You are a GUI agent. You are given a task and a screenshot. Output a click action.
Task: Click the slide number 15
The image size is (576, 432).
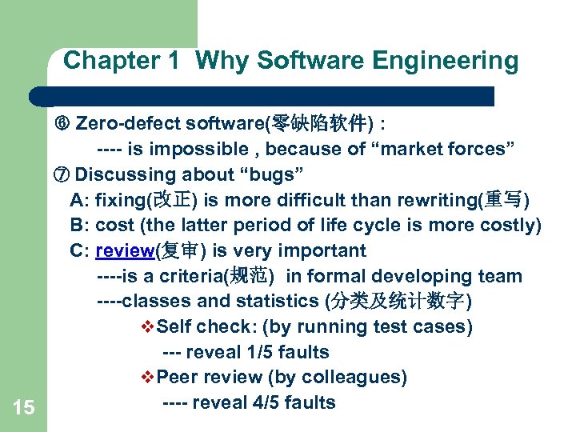click(x=24, y=408)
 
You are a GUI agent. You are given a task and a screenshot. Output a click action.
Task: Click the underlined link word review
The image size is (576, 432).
click(x=124, y=251)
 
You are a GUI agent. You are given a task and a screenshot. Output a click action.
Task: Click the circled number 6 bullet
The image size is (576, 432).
click(x=62, y=124)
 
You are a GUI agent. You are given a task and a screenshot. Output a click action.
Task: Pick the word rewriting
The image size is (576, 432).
click(x=441, y=200)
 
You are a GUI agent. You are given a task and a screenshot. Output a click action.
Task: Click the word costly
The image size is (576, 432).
click(x=509, y=226)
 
